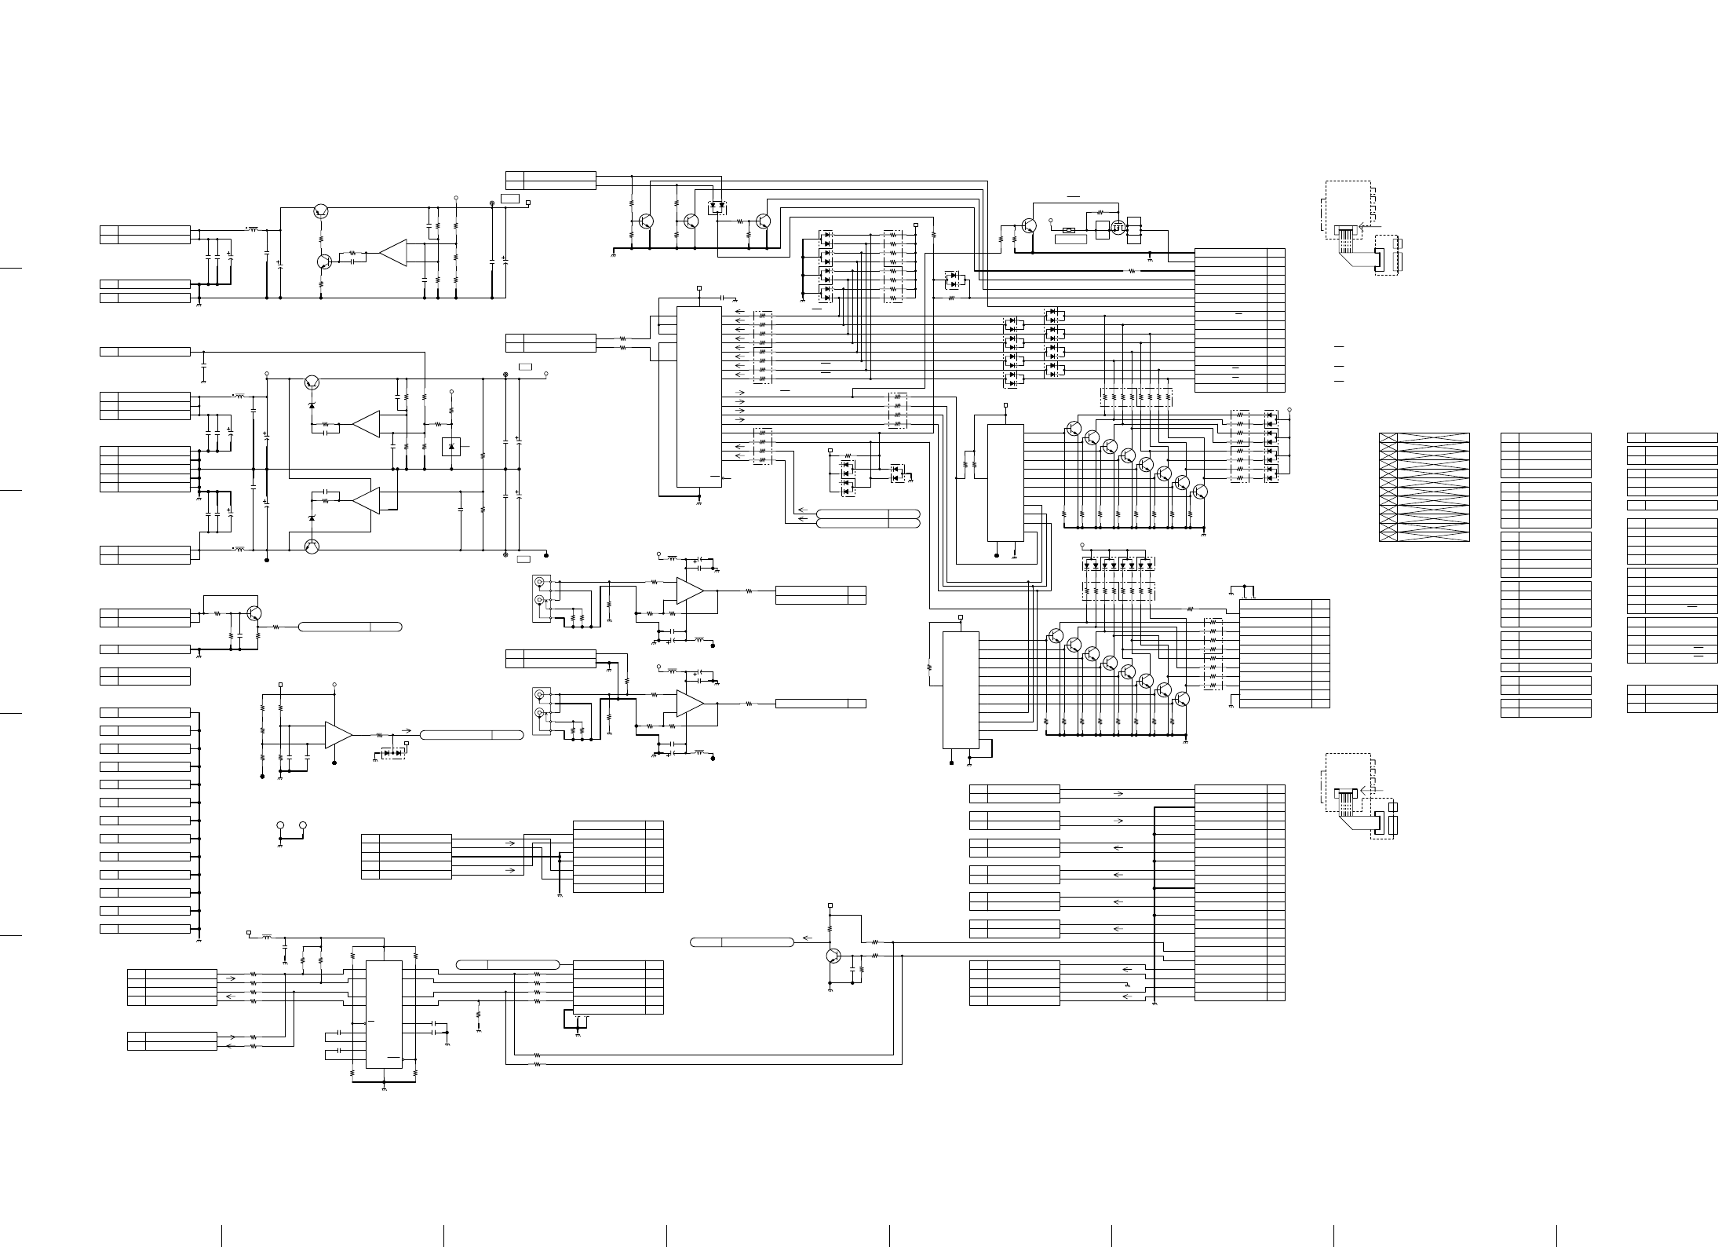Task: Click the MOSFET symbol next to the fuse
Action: [1118, 230]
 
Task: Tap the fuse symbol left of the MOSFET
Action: [1069, 230]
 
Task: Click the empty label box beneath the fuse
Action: [1071, 240]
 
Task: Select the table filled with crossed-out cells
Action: [1424, 487]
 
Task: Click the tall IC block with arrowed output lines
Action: [699, 397]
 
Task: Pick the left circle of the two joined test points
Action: [281, 826]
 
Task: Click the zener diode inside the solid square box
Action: [451, 447]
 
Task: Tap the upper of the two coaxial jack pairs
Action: [539, 591]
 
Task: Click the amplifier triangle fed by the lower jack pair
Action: [690, 703]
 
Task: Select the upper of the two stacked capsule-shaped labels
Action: [867, 514]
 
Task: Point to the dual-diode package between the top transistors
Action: [716, 207]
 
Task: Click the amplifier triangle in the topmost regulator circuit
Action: [393, 253]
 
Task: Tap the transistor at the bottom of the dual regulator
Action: [312, 547]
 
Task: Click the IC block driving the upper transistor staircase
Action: [1005, 482]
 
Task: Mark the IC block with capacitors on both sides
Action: [384, 1014]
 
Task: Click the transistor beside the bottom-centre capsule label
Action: [833, 956]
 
